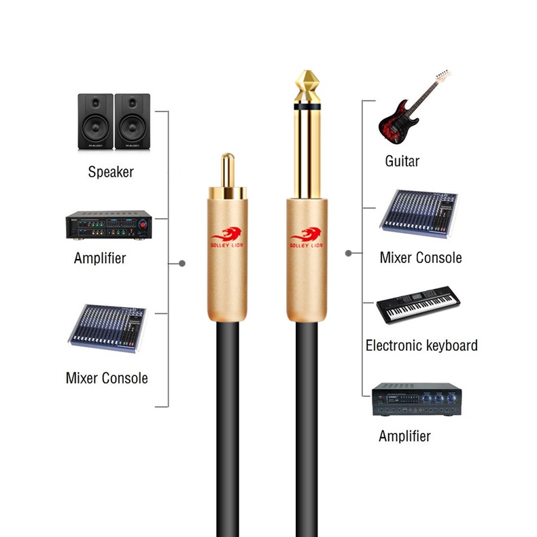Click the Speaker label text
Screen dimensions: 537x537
111,172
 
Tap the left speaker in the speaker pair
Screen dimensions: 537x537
96,121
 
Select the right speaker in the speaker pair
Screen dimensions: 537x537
132,121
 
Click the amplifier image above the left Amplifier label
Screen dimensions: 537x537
109,225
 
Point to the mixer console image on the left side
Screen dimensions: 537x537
107,328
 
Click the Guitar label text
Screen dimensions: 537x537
402,161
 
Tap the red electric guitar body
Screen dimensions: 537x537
397,122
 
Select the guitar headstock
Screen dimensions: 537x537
443,75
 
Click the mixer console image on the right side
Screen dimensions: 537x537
419,213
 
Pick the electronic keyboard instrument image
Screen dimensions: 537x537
418,305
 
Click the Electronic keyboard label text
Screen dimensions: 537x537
421,345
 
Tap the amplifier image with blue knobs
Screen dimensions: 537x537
417,399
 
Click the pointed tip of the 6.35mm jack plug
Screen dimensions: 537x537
307,71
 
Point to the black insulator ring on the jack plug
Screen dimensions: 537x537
307,107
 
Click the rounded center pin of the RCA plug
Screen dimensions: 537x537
228,169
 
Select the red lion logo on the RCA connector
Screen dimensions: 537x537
227,237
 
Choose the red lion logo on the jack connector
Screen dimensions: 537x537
306,237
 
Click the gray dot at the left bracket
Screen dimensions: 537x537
182,263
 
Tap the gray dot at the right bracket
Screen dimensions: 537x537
349,254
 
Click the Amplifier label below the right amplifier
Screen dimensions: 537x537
404,436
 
